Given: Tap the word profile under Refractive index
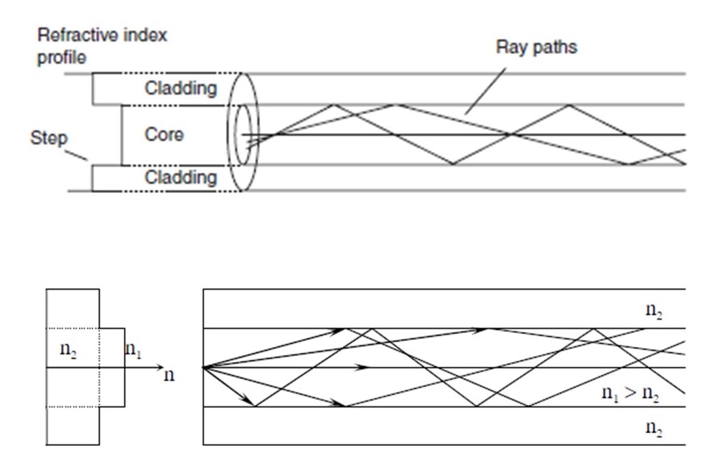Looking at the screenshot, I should [63, 59].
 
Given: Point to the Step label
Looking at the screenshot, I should [48, 139].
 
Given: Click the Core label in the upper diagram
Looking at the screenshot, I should [164, 135].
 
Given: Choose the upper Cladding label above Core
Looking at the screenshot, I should [180, 88].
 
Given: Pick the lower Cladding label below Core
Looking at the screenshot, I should [180, 179].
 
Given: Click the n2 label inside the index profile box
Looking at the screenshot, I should [73, 352].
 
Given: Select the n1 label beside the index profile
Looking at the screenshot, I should [133, 352].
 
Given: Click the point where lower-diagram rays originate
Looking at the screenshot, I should [204, 367].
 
